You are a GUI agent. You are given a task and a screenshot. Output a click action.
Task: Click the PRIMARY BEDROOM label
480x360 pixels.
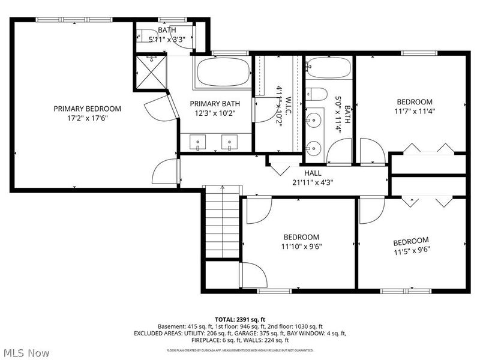point(87,109)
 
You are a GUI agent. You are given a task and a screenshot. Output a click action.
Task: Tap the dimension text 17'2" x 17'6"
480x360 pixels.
point(87,118)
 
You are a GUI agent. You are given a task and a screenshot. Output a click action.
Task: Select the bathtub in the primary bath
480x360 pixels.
point(223,73)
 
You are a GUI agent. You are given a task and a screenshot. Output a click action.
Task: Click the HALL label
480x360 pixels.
point(313,173)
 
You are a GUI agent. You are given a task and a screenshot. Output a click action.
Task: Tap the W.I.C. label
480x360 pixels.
point(288,105)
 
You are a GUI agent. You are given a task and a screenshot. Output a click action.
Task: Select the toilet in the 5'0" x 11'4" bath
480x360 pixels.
point(317,94)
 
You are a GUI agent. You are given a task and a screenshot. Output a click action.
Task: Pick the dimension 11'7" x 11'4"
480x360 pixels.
point(413,111)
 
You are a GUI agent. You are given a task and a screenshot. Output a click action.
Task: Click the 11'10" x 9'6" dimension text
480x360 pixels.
point(301,246)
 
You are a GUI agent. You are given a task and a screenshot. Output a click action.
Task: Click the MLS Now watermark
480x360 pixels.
point(26,353)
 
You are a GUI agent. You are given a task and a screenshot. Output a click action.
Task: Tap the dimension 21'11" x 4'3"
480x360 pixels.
point(313,182)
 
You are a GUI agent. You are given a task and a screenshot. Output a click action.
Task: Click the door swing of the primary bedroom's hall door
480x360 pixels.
point(166,172)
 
